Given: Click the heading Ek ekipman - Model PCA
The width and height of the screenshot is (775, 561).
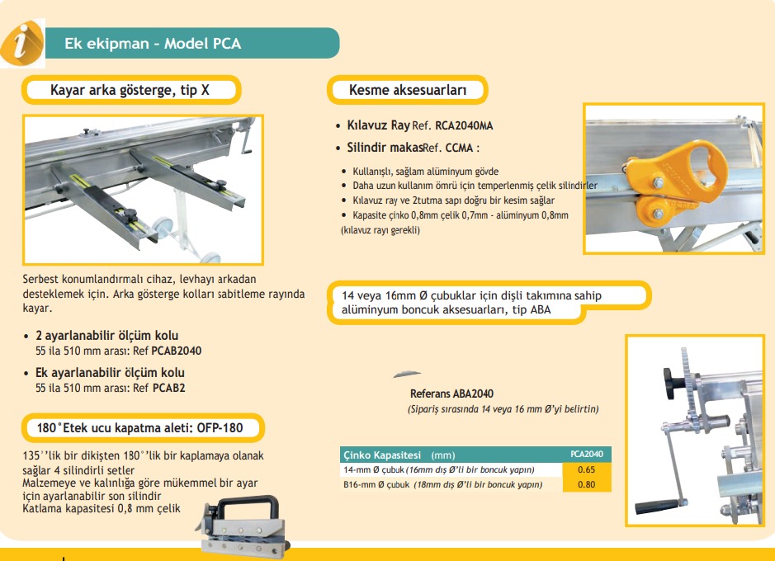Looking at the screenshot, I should tap(153, 44).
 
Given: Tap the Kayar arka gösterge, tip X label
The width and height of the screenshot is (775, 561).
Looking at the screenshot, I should tap(130, 90).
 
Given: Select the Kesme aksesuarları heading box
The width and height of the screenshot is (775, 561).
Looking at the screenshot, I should tap(408, 90).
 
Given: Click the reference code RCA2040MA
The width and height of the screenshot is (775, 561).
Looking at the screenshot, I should tap(464, 126).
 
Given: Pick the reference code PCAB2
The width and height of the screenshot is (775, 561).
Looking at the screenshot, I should tap(168, 387).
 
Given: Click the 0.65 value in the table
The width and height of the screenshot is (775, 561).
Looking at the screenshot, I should tap(587, 469).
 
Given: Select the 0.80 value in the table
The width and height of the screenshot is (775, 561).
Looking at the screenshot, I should tap(587, 484).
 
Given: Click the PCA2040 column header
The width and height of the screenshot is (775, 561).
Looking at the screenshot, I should tap(587, 455).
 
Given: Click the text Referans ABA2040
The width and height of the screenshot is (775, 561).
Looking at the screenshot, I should tap(451, 394).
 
